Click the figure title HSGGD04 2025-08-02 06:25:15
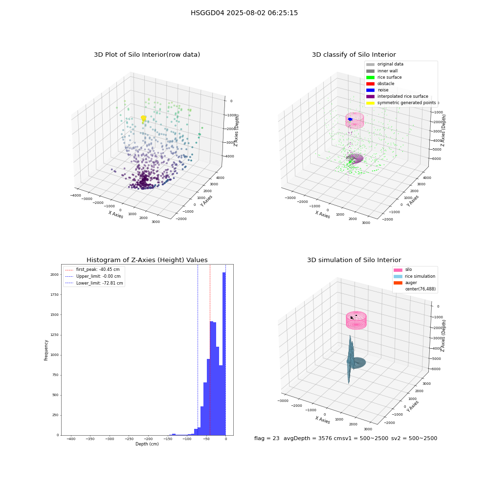click(x=244, y=13)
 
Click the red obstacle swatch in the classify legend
click(x=370, y=84)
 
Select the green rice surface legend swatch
click(x=370, y=77)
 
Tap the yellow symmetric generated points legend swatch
click(x=370, y=103)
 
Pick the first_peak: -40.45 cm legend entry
click(x=92, y=269)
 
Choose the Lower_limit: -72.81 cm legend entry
click(x=94, y=283)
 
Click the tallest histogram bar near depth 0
click(x=224, y=354)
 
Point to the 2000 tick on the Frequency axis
click(x=55, y=275)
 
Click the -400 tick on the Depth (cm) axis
click(x=71, y=439)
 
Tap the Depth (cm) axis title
click(x=147, y=444)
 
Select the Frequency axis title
click(x=46, y=350)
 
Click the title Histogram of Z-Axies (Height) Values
click(x=147, y=260)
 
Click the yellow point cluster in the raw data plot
click(x=143, y=118)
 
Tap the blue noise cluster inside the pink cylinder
click(x=350, y=119)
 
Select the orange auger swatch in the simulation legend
click(x=398, y=283)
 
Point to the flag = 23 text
click(x=267, y=439)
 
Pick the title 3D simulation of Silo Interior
click(x=354, y=260)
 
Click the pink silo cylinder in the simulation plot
click(x=356, y=320)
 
